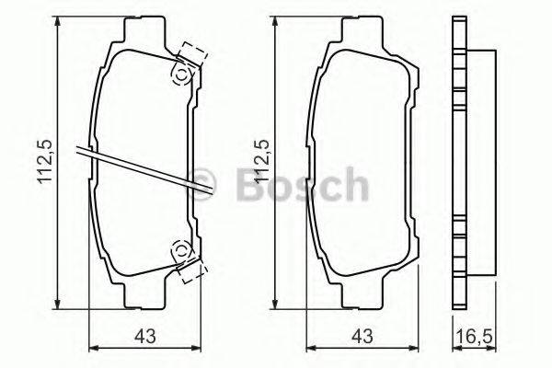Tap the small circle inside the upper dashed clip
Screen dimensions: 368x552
click(181, 74)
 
